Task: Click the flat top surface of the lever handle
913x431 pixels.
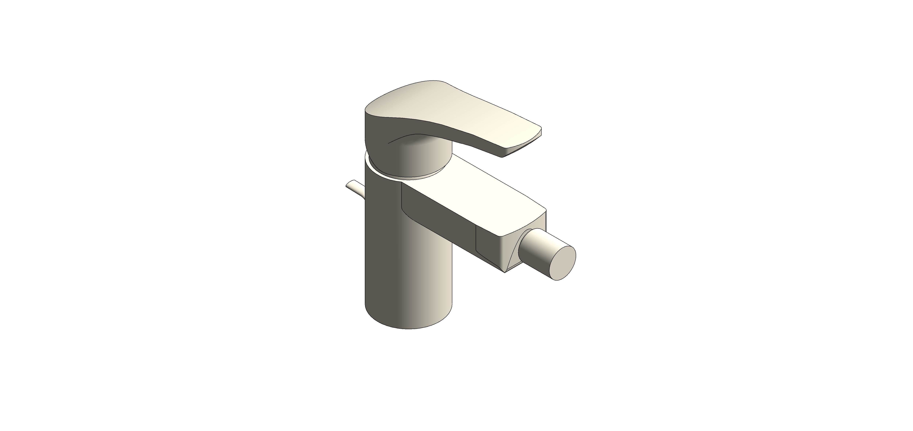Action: click(461, 106)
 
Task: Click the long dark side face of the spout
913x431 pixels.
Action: click(440, 212)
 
